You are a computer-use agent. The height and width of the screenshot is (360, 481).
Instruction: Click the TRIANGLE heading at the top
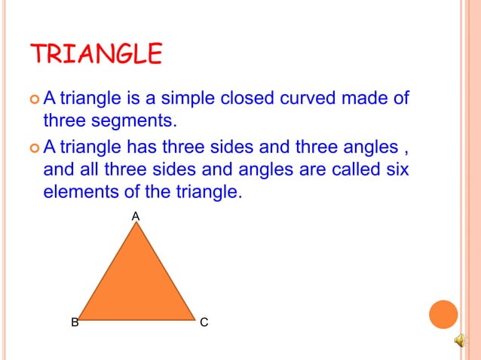click(96, 54)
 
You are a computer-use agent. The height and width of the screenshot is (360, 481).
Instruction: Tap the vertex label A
click(136, 216)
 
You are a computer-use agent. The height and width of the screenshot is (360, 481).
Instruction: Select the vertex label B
click(75, 323)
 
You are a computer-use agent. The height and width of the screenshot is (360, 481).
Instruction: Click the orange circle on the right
click(443, 314)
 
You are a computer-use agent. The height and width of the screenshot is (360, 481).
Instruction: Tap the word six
click(395, 169)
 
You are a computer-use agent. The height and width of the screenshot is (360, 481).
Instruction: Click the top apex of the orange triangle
click(136, 224)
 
